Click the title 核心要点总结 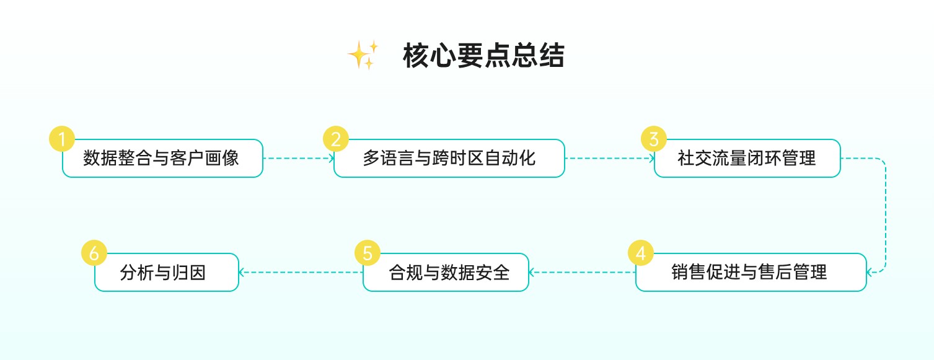(x=483, y=56)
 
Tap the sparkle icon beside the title (x=363, y=55)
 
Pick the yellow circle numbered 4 (x=640, y=253)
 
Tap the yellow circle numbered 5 (x=367, y=253)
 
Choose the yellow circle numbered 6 (x=94, y=253)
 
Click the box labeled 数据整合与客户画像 (x=162, y=159)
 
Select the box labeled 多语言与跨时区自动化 (x=449, y=159)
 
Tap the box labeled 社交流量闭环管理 (x=747, y=159)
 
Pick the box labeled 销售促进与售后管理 (x=751, y=272)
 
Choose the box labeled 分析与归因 (x=166, y=272)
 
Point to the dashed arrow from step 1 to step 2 (x=298, y=158)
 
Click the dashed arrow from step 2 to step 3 (x=609, y=158)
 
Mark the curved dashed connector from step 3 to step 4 (x=885, y=215)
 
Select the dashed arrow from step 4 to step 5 (x=583, y=271)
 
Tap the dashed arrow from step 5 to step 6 (x=301, y=271)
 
